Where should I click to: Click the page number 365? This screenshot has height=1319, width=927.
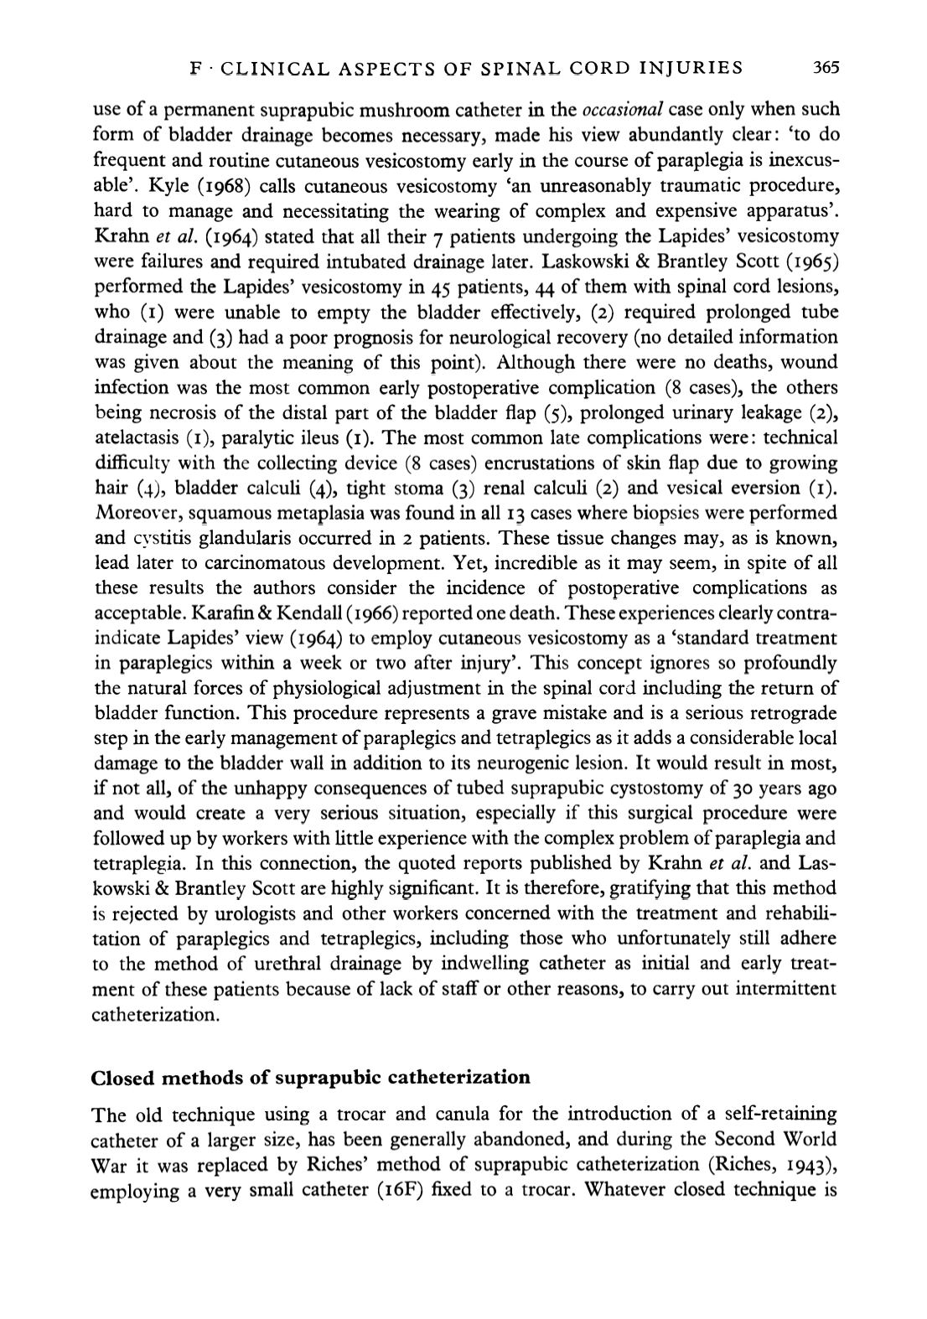(x=826, y=68)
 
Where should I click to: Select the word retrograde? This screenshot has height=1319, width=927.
(x=792, y=713)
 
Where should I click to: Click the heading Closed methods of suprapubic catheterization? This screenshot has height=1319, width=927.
(x=310, y=1077)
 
